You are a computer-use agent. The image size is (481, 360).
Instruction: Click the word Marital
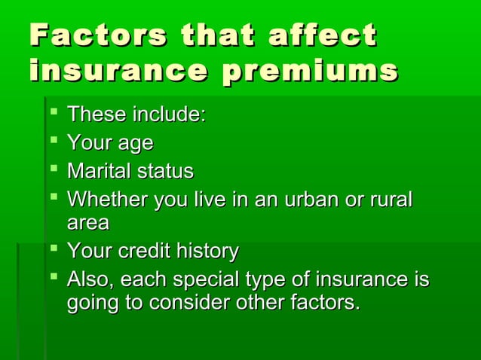pos(98,171)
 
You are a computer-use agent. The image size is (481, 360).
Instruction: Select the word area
pos(87,224)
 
